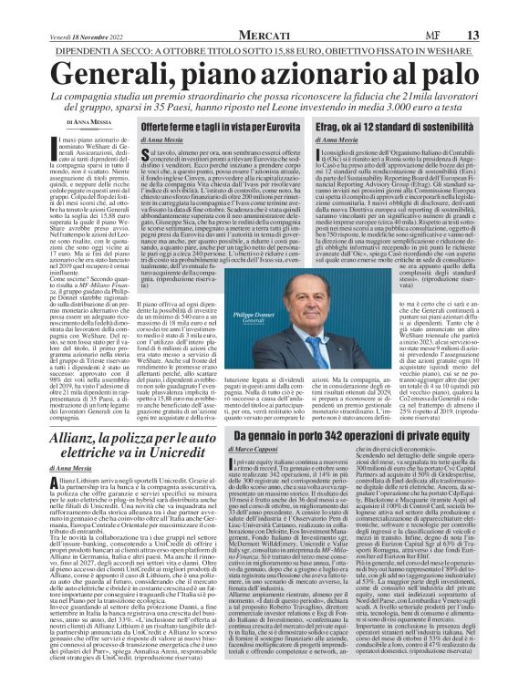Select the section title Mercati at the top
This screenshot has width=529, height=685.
point(264,9)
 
